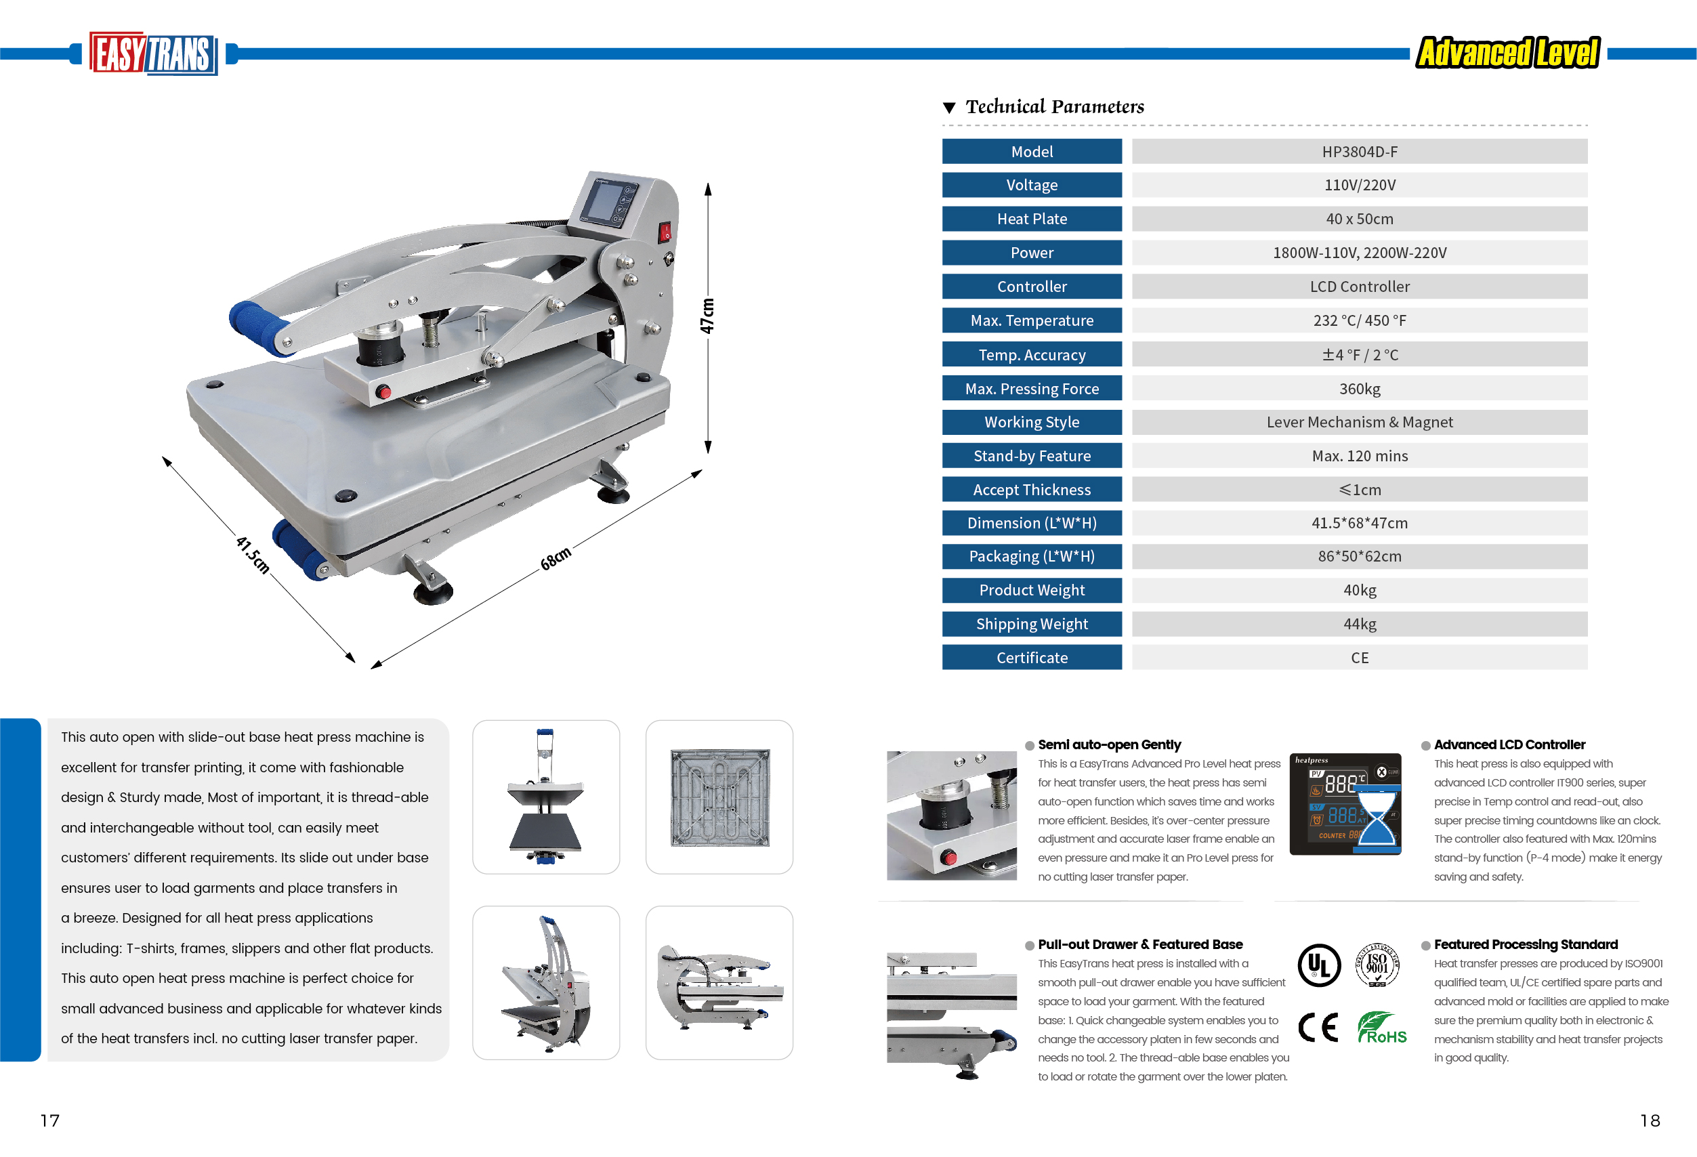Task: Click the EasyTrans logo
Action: (153, 54)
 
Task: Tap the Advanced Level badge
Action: (1508, 53)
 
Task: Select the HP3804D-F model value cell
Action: (1360, 152)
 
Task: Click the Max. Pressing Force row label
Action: (1032, 388)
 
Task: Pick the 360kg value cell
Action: (1360, 388)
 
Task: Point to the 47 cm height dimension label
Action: (707, 316)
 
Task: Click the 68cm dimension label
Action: (556, 558)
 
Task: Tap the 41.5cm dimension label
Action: (253, 555)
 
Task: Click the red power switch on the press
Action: (665, 232)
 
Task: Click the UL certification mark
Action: (1319, 965)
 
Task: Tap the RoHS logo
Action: (1381, 1028)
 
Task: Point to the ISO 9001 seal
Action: (1377, 965)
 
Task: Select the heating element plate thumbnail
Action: (719, 797)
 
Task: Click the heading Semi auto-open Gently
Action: (1109, 744)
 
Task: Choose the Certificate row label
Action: (1032, 658)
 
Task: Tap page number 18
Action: (1650, 1120)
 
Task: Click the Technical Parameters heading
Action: (1054, 106)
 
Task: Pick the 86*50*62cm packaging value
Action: (1360, 556)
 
